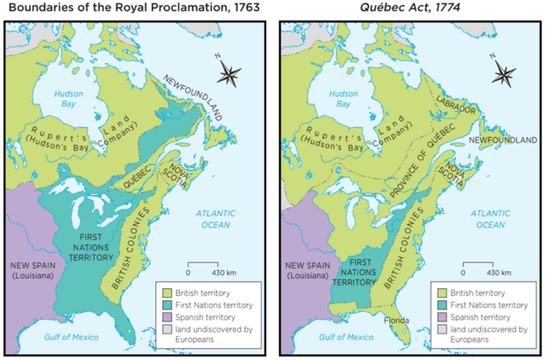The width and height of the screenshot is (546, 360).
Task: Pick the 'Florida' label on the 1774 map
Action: click(398, 321)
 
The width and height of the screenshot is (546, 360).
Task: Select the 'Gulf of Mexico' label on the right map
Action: click(342, 338)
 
